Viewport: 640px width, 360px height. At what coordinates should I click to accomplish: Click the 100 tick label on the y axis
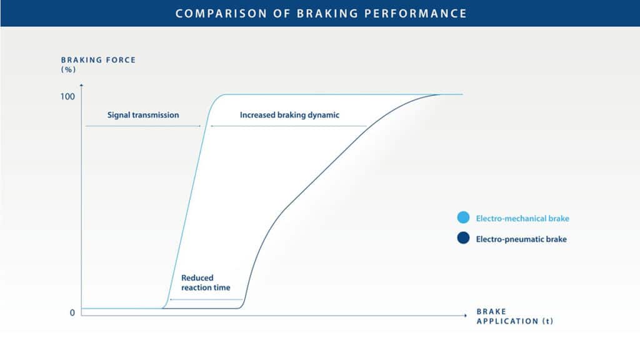pyautogui.click(x=67, y=97)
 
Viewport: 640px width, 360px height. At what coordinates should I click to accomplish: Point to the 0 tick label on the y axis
pyautogui.click(x=72, y=312)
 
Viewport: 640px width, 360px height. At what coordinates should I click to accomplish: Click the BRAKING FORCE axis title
pyautogui.click(x=98, y=60)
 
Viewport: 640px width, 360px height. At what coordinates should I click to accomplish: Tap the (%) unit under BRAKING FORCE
pyautogui.click(x=68, y=70)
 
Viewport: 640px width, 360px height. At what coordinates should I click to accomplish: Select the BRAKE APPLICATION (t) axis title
pyautogui.click(x=515, y=316)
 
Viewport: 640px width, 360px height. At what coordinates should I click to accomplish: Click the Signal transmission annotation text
pyautogui.click(x=143, y=115)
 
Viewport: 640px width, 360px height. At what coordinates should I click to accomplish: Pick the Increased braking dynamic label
pyautogui.click(x=289, y=115)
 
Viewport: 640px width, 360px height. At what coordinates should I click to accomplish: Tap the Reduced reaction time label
pyautogui.click(x=206, y=282)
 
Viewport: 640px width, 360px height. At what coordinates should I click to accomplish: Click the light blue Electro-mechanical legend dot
pyautogui.click(x=463, y=217)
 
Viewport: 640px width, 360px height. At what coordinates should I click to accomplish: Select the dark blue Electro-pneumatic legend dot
pyautogui.click(x=463, y=238)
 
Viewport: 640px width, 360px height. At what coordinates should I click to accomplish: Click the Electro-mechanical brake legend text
pyautogui.click(x=522, y=218)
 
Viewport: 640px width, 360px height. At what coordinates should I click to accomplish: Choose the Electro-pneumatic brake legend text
pyautogui.click(x=521, y=239)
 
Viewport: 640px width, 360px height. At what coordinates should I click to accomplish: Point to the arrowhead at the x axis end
pyautogui.click(x=465, y=315)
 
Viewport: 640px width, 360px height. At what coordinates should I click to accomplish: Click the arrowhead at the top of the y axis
pyautogui.click(x=82, y=85)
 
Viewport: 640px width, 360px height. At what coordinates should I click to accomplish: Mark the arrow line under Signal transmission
pyautogui.click(x=143, y=126)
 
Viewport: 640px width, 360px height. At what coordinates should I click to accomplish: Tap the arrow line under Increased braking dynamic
pyautogui.click(x=288, y=126)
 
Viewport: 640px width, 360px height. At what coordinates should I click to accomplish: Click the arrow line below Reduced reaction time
pyautogui.click(x=206, y=299)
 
